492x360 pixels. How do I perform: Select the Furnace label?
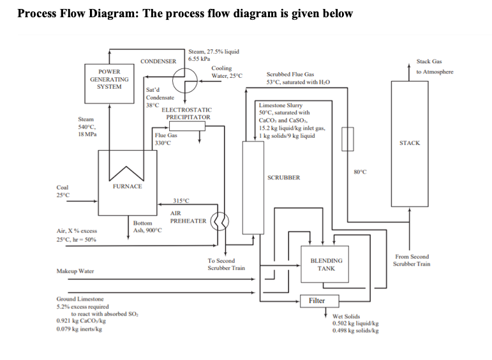point(128,186)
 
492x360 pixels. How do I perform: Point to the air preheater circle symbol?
point(220,220)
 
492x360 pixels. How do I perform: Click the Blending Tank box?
point(326,264)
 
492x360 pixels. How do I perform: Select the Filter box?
point(317,301)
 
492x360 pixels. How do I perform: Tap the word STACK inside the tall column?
point(409,143)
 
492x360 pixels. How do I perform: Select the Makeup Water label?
point(76,271)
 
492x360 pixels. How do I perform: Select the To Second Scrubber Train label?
point(225,264)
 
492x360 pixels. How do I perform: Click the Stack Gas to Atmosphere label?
point(434,66)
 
